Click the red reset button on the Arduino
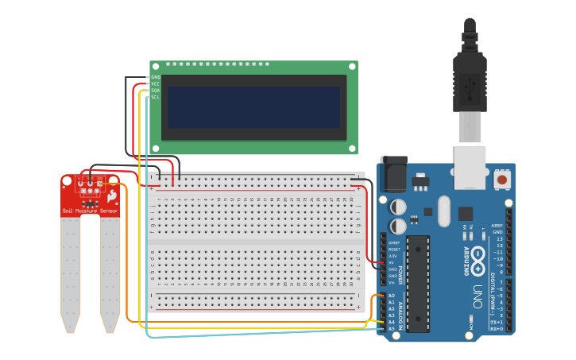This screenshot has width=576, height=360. click(x=502, y=180)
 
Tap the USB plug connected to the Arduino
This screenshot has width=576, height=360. click(x=470, y=79)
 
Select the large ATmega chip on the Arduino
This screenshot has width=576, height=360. click(x=418, y=283)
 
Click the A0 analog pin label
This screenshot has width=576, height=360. click(x=392, y=296)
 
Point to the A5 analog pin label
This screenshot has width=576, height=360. click(x=392, y=328)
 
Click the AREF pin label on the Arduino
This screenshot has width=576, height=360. click(x=497, y=225)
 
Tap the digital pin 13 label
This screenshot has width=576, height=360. click(x=499, y=238)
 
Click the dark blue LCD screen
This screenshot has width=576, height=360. click(x=253, y=107)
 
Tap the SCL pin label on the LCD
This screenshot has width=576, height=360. click(x=156, y=97)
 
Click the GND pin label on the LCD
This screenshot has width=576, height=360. click(x=156, y=77)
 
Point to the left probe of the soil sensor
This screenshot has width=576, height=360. click(x=71, y=270)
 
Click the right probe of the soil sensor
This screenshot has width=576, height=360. click(x=110, y=270)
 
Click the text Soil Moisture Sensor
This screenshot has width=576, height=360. click(x=91, y=211)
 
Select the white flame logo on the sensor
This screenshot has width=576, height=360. click(x=113, y=195)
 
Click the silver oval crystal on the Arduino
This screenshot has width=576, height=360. click(x=443, y=211)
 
